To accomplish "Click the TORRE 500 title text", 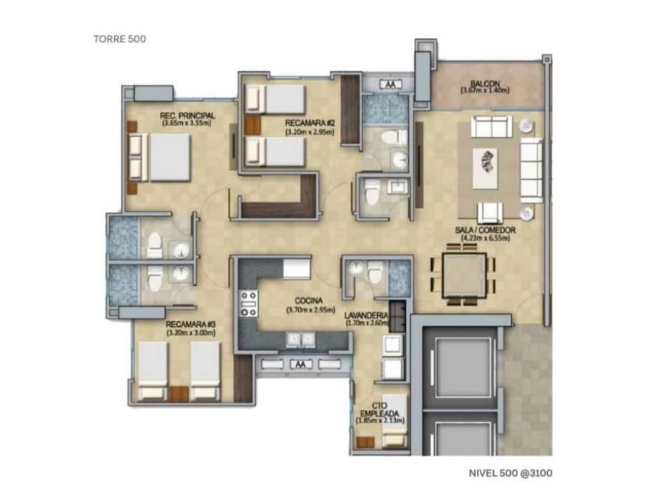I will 119,39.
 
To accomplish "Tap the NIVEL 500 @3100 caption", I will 510,473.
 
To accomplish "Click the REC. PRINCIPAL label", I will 187,116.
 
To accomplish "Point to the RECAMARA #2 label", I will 309,123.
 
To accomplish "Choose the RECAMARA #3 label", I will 190,324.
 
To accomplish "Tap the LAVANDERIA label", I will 366,316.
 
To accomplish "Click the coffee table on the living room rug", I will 485,167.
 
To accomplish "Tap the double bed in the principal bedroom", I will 163,157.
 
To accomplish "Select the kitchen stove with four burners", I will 248,303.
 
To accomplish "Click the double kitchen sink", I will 300,339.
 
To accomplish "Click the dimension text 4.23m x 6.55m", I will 485,238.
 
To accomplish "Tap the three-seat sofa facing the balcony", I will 492,126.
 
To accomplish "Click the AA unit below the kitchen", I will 301,364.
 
